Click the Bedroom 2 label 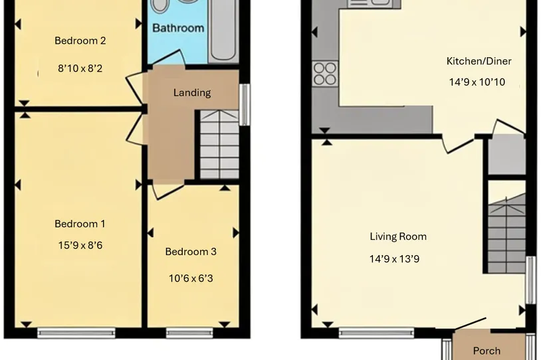click(80, 41)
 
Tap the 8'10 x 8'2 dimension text click(80, 68)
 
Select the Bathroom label click(178, 28)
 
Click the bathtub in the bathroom click(223, 31)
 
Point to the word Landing click(192, 93)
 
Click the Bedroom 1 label click(80, 224)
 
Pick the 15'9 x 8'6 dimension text click(80, 245)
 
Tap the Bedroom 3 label click(191, 251)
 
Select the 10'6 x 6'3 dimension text click(191, 278)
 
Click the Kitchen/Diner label click(479, 61)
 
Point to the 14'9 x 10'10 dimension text click(477, 82)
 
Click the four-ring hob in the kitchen click(325, 74)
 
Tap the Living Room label click(398, 236)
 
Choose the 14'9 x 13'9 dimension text click(394, 259)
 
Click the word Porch click(487, 351)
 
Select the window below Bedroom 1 click(76, 333)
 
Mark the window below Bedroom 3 click(189, 333)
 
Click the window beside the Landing click(245, 104)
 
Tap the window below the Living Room click(376, 333)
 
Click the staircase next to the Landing click(219, 145)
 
